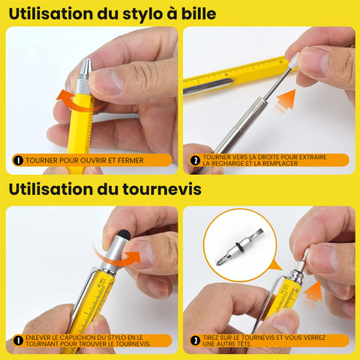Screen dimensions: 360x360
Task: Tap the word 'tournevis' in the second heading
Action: pyautogui.click(x=162, y=189)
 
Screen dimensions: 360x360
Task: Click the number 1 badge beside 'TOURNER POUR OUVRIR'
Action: pyautogui.click(x=18, y=160)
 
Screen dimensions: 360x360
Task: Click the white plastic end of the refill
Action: pyautogui.click(x=294, y=61)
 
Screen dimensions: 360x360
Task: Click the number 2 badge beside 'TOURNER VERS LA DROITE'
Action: pyautogui.click(x=195, y=160)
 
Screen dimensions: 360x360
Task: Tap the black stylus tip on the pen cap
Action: pyautogui.click(x=124, y=235)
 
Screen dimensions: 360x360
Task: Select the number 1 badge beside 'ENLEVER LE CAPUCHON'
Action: pyautogui.click(x=18, y=340)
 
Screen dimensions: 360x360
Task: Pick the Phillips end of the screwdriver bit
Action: pyautogui.click(x=220, y=261)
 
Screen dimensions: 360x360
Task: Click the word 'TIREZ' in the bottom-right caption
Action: pyautogui.click(x=210, y=337)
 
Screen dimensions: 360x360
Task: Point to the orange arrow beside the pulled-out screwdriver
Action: pyautogui.click(x=313, y=294)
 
